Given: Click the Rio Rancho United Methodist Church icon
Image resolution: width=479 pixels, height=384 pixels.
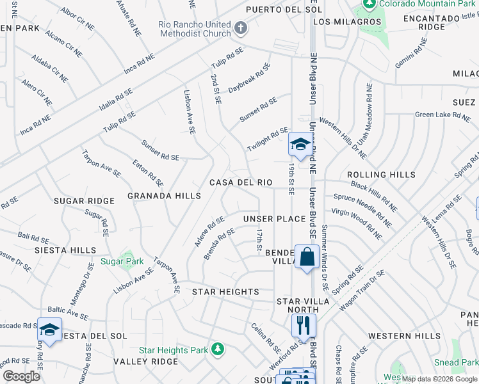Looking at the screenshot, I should click(241, 28).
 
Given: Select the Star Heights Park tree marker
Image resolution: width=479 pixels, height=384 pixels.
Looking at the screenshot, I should click(218, 349).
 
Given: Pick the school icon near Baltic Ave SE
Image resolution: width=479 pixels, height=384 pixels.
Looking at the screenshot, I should click(49, 330).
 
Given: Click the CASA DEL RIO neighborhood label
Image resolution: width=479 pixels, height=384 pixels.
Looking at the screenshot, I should click(241, 182).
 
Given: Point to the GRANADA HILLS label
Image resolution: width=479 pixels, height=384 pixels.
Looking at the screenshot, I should click(165, 196).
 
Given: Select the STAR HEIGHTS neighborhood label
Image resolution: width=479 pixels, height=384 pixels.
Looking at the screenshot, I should click(225, 292).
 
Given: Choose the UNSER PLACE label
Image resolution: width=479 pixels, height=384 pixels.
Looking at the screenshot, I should click(274, 219).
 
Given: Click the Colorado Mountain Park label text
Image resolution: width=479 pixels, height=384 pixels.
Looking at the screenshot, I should click(426, 4).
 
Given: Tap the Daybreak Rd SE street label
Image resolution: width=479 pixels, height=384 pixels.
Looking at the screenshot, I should click(249, 78).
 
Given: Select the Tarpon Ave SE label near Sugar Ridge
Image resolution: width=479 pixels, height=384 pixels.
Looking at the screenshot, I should click(101, 163).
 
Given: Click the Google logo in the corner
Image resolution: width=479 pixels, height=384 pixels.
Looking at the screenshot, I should click(21, 376).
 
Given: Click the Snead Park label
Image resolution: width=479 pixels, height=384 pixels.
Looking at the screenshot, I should click(457, 362).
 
